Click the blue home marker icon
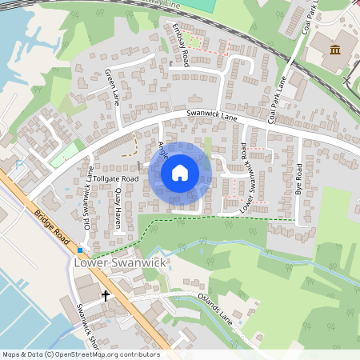(180, 173)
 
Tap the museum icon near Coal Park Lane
(334, 50)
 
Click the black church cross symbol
(106, 295)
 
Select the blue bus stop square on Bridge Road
(80, 250)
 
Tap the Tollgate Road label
(116, 178)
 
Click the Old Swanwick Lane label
(88, 201)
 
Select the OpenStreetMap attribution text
(80, 354)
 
